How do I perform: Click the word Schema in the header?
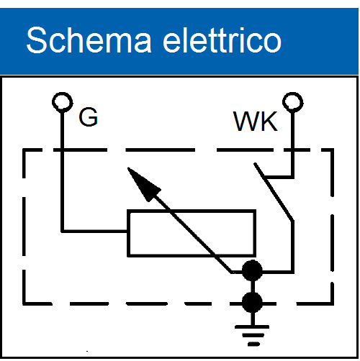point(89,40)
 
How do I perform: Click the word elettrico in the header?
point(222,40)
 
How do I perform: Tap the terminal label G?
point(88,117)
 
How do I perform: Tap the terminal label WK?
point(256,122)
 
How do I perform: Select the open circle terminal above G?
point(63,93)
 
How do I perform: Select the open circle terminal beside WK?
point(293,93)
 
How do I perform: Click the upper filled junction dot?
point(252,270)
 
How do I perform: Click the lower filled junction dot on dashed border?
point(252,302)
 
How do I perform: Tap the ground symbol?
point(252,336)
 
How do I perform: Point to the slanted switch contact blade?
point(274,192)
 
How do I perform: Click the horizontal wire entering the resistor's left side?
point(95,231)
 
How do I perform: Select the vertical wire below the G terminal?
point(63,171)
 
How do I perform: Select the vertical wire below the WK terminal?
point(292,145)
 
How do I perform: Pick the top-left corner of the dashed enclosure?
point(24,150)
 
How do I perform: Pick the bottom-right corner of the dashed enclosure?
point(333,303)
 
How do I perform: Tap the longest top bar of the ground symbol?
point(252,326)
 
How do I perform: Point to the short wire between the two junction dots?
point(252,286)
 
